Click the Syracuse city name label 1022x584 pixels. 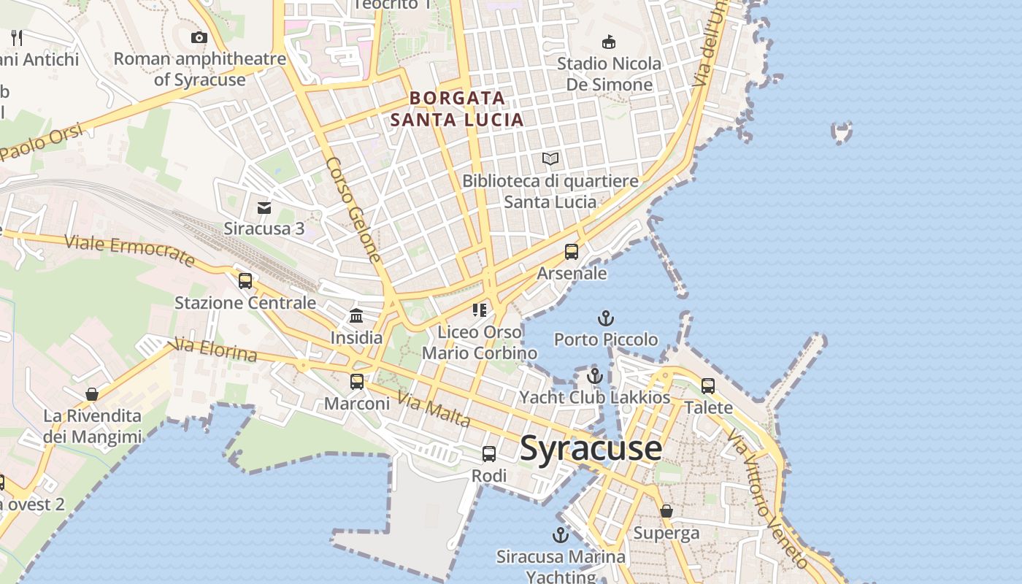click(x=591, y=448)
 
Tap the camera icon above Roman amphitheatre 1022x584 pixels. click(x=199, y=37)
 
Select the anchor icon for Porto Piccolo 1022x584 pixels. click(x=605, y=318)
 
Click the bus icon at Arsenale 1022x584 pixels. click(x=572, y=252)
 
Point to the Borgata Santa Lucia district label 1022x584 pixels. click(x=457, y=109)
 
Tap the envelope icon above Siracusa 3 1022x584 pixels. click(x=264, y=208)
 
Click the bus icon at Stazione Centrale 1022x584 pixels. click(x=245, y=281)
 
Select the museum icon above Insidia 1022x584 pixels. click(x=356, y=316)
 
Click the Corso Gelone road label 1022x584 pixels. click(x=354, y=210)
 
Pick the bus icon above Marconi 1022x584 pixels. click(x=357, y=381)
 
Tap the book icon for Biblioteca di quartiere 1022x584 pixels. click(x=550, y=158)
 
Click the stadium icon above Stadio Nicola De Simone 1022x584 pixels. click(x=608, y=42)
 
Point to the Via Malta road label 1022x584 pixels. click(x=434, y=410)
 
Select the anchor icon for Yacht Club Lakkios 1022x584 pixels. click(x=595, y=377)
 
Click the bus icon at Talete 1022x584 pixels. click(x=708, y=385)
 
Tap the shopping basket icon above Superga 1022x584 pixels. click(x=666, y=511)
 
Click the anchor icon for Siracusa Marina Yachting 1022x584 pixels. click(x=560, y=535)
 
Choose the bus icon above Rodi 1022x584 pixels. click(x=489, y=454)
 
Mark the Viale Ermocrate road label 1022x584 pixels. click(x=130, y=250)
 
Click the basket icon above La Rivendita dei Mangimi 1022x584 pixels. click(x=92, y=394)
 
